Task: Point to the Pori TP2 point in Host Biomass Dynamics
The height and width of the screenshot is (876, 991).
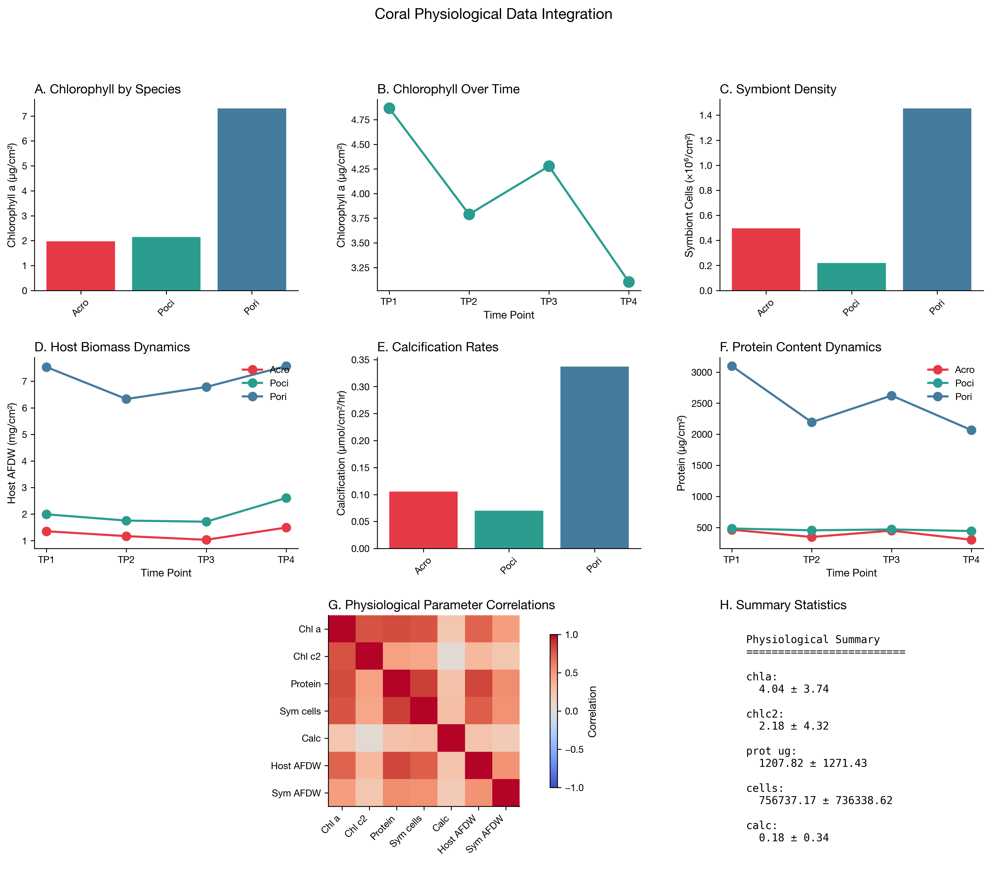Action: tap(126, 399)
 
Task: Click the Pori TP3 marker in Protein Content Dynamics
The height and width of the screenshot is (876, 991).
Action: tap(891, 396)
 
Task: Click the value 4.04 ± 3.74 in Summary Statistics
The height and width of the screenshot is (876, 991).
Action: tap(794, 689)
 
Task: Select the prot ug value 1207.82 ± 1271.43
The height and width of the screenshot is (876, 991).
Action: tap(813, 763)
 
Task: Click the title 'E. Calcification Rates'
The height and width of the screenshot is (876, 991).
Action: tap(438, 347)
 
